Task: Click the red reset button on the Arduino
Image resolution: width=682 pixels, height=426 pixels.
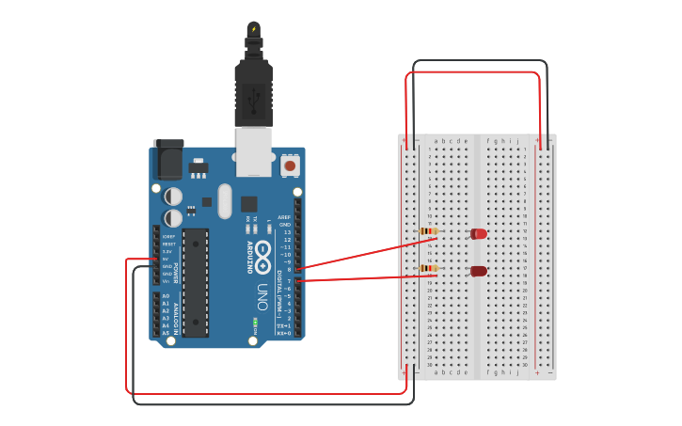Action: click(x=290, y=166)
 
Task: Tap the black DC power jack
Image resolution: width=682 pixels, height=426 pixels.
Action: click(x=168, y=160)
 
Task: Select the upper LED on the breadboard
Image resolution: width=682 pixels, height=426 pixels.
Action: click(x=479, y=233)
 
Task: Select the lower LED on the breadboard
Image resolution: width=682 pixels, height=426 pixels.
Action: click(x=479, y=271)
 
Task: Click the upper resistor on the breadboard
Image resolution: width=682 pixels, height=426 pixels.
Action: click(x=428, y=231)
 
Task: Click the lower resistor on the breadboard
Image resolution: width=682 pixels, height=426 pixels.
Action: click(x=428, y=269)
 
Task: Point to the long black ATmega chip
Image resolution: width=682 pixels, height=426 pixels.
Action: click(x=195, y=281)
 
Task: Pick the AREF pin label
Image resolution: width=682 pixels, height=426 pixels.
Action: click(x=284, y=217)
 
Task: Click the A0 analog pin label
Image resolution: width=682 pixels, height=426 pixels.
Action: click(x=167, y=296)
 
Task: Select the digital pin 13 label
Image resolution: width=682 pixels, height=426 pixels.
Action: click(x=287, y=232)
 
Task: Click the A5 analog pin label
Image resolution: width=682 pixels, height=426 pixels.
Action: click(x=167, y=333)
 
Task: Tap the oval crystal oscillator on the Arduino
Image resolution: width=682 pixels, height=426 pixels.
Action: click(x=224, y=200)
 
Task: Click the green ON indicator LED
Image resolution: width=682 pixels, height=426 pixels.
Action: click(x=255, y=324)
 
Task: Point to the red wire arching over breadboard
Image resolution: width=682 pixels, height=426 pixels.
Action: click(x=473, y=72)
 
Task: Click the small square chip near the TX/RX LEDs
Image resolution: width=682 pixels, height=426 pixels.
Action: click(x=249, y=203)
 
